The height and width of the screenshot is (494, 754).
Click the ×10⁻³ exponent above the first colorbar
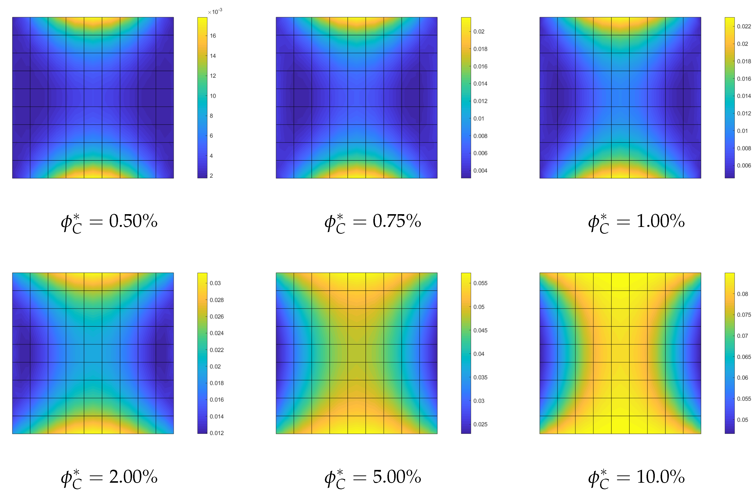pyautogui.click(x=215, y=12)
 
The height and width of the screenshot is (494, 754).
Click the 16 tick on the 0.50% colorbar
pyautogui.click(x=213, y=36)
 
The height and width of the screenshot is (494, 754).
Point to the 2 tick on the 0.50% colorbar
pyautogui.click(x=211, y=176)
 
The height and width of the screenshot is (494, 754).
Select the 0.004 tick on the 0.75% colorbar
pyautogui.click(x=480, y=171)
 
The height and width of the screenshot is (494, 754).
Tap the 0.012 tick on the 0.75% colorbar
pyautogui.click(x=480, y=101)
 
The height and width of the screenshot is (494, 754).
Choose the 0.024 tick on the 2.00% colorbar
pyautogui.click(x=217, y=333)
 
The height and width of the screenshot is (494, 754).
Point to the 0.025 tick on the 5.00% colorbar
pyautogui.click(x=480, y=424)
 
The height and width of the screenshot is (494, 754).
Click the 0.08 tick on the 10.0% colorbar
pyautogui.click(x=742, y=294)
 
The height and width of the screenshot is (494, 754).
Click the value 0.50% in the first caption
pyautogui.click(x=133, y=221)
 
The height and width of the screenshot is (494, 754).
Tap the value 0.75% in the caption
pyautogui.click(x=397, y=221)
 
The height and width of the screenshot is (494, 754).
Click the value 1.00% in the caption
pyautogui.click(x=661, y=221)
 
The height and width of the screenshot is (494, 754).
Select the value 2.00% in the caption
pyautogui.click(x=133, y=477)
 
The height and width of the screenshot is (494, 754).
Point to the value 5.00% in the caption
pyautogui.click(x=397, y=477)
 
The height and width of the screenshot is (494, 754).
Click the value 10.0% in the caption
pyautogui.click(x=661, y=477)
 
